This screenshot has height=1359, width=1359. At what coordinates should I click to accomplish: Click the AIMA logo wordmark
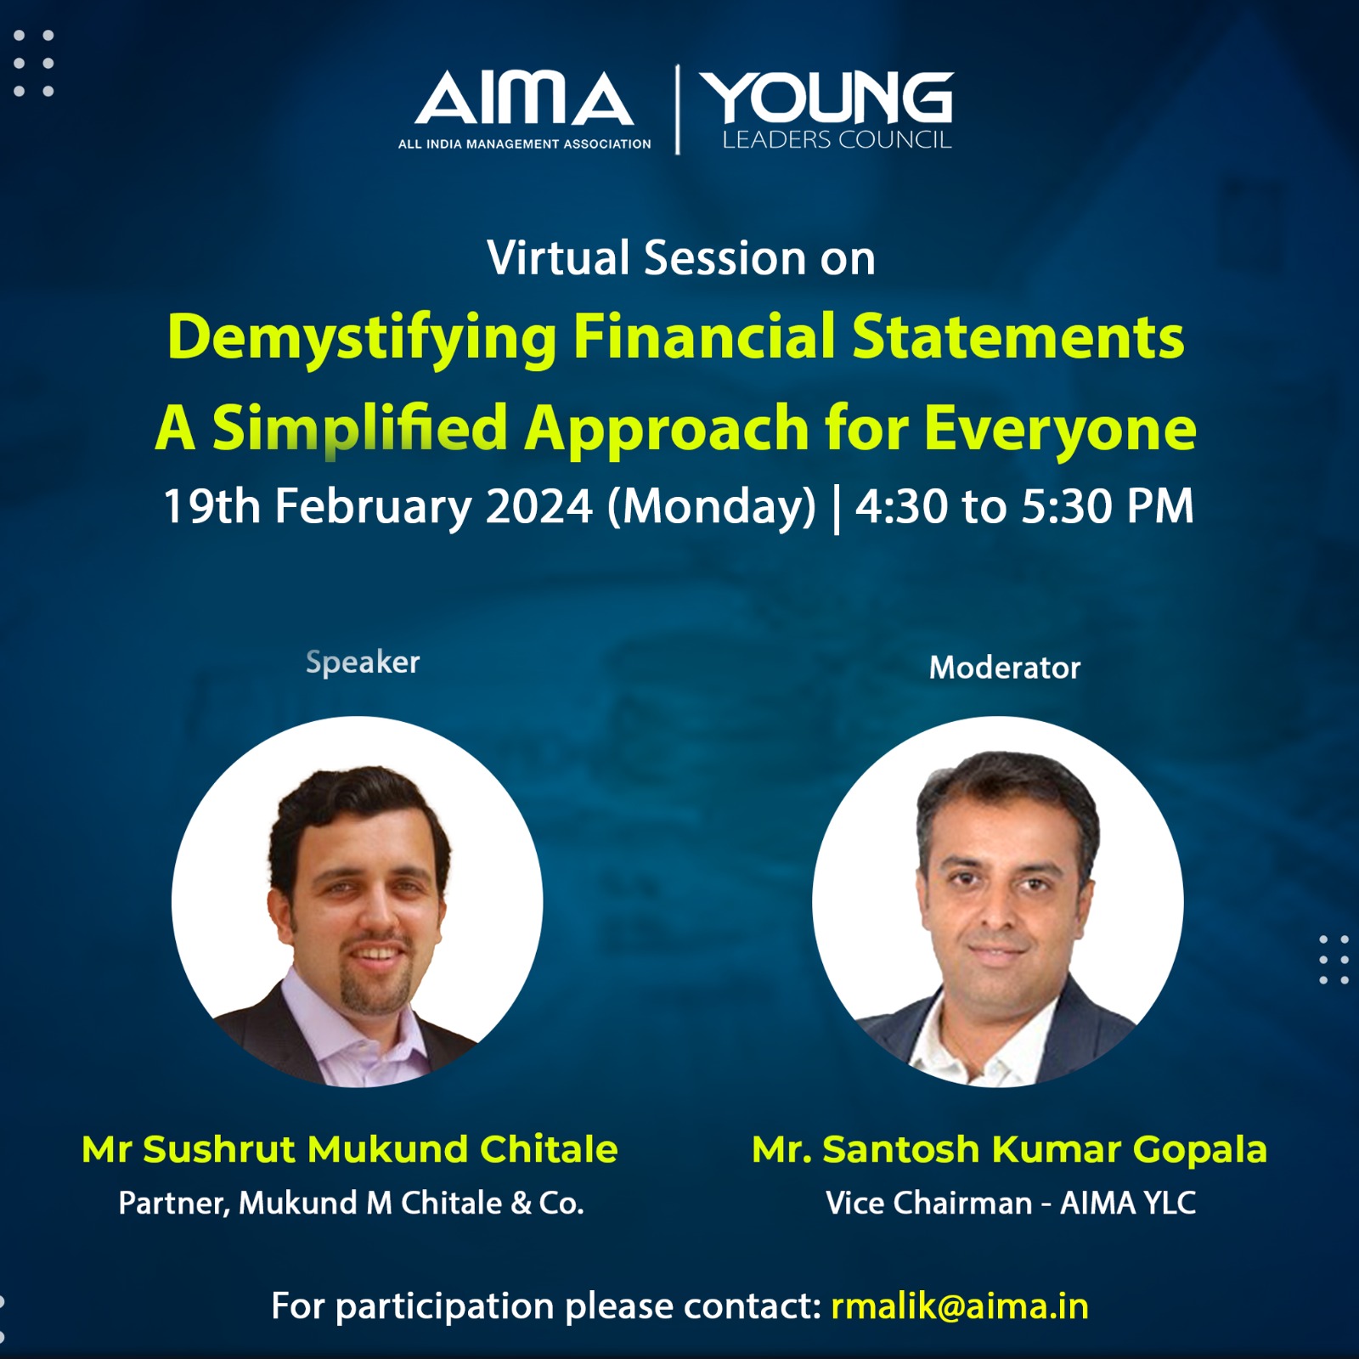(523, 99)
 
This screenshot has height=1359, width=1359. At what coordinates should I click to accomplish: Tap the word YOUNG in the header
(831, 98)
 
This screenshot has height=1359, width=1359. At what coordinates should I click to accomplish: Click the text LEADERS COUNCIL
(837, 140)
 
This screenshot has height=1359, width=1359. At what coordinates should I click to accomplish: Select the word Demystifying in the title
(362, 338)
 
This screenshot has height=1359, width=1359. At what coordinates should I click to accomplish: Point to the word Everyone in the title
(1060, 429)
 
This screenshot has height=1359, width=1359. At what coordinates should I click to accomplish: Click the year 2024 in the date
(539, 507)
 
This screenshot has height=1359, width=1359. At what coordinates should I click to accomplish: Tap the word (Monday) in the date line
(711, 507)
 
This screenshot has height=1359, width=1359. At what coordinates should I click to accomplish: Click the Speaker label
(363, 663)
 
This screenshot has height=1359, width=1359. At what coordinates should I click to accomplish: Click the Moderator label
(1005, 668)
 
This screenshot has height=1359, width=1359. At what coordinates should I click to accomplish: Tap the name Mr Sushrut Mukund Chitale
(350, 1149)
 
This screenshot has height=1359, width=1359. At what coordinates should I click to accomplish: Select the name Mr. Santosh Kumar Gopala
(1009, 1149)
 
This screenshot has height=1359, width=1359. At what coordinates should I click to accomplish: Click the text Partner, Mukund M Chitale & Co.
(351, 1203)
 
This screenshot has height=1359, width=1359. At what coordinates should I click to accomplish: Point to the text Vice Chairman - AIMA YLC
(1011, 1203)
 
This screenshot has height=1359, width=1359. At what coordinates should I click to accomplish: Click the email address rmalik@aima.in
(960, 1306)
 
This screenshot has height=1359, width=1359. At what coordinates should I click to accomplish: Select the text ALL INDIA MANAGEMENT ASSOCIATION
(524, 144)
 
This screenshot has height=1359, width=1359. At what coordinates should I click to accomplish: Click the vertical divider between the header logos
(677, 110)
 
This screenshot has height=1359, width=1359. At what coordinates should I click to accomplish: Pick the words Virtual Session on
(681, 258)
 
